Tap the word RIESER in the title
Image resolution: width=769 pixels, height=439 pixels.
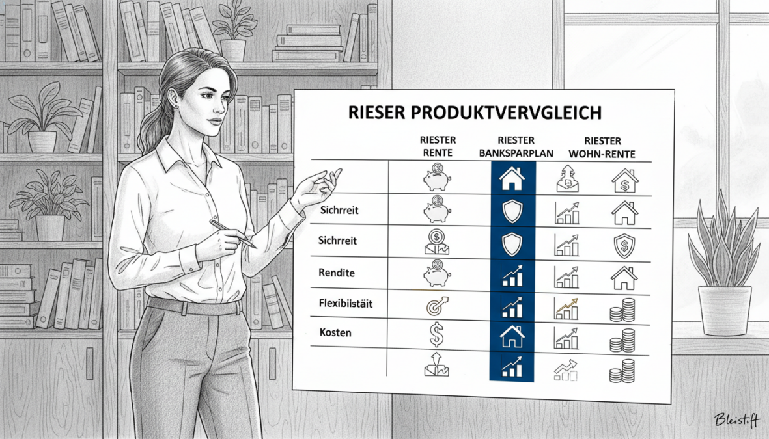tap(373, 112)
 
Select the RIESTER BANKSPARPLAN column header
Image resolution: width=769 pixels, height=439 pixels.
tap(515, 147)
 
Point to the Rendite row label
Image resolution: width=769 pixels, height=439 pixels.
tap(337, 273)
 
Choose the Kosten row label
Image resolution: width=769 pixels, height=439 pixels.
tap(335, 332)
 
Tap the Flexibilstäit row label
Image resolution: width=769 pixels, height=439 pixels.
tap(344, 302)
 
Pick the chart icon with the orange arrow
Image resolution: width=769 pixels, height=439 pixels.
tap(565, 308)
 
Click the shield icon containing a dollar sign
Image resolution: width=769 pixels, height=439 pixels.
tap(623, 245)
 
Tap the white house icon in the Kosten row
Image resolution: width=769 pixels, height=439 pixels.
tap(511, 336)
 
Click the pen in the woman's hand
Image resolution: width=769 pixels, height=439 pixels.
tap(232, 233)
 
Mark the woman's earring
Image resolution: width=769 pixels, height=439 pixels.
tap(176, 104)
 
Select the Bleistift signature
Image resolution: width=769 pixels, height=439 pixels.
tap(736, 419)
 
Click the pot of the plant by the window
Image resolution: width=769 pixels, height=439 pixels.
tap(724, 310)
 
